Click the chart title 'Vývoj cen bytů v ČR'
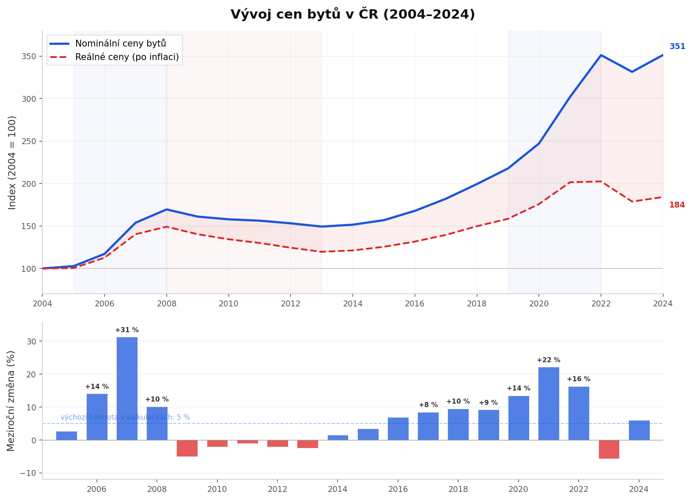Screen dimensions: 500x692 point(352,14)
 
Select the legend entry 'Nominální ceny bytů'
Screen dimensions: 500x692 point(121,44)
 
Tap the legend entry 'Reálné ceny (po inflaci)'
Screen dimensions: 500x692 point(127,57)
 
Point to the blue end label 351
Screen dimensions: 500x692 point(677,46)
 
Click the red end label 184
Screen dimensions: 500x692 point(677,205)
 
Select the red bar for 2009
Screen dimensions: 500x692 point(187,448)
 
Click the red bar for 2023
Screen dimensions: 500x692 point(609,449)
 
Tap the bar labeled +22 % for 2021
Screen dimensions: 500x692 point(549,403)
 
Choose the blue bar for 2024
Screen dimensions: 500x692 point(639,430)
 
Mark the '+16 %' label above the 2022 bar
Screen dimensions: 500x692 point(578,379)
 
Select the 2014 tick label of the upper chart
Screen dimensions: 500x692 point(353,303)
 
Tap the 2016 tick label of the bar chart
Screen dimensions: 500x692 point(398,489)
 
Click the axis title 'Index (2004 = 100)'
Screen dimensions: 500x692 point(12,162)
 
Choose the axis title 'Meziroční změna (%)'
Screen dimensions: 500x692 point(11,401)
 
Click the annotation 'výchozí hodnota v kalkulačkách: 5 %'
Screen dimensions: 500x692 point(125,417)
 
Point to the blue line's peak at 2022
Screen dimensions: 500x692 point(601,55)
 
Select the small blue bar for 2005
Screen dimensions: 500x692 point(67,435)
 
